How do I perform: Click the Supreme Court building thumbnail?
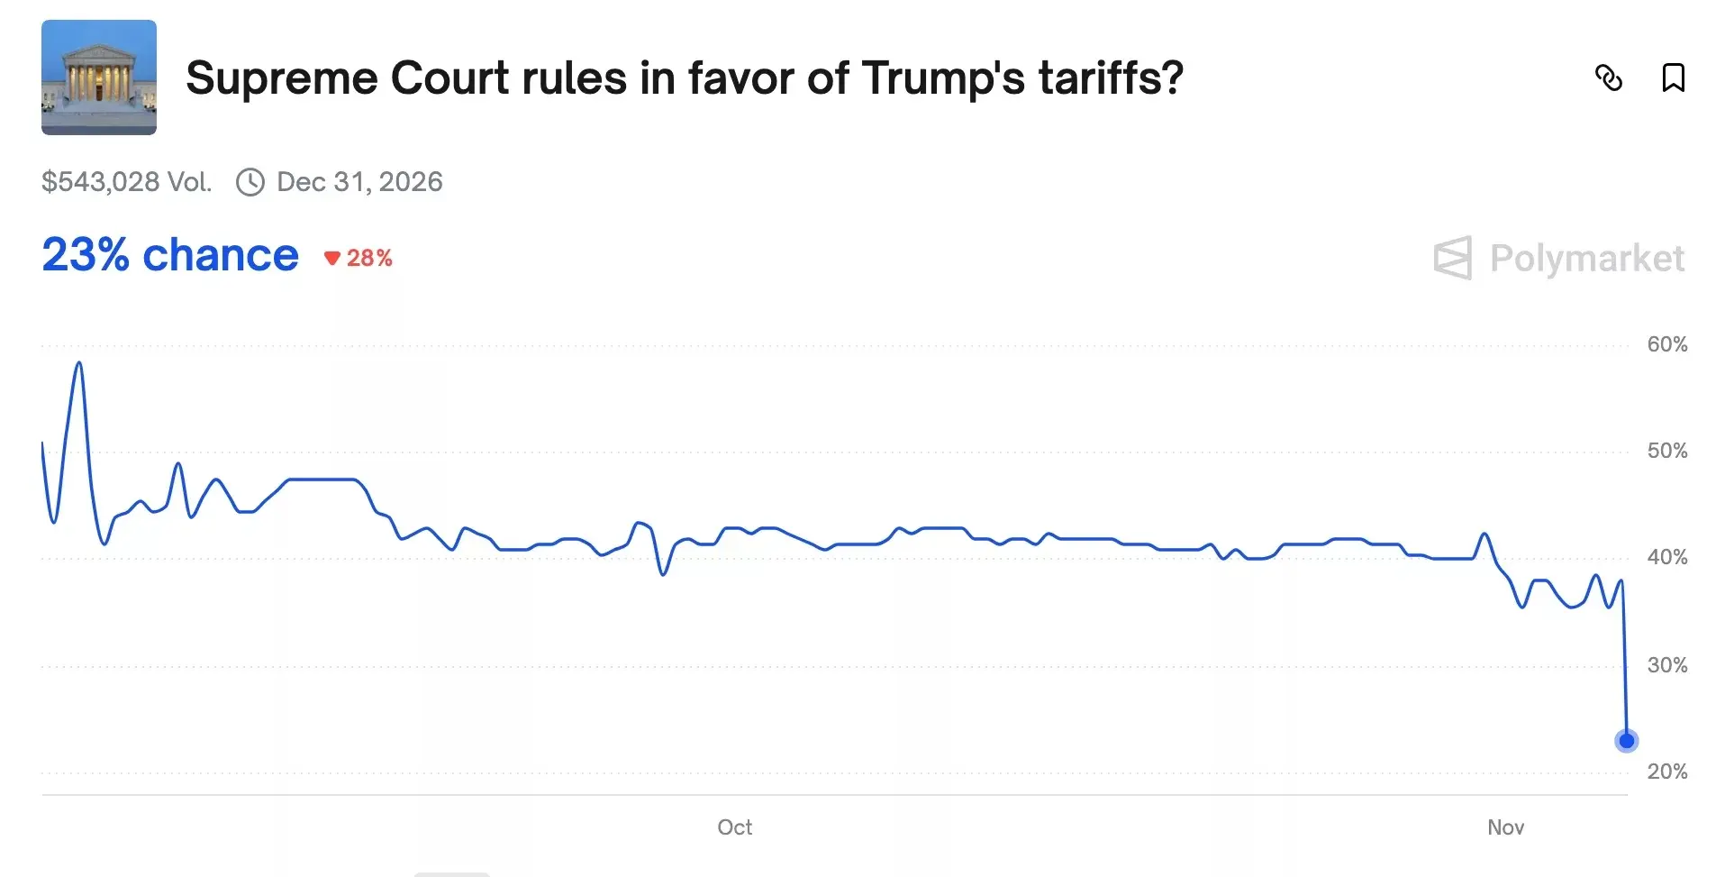pos(99,78)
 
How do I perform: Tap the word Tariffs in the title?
pos(1110,78)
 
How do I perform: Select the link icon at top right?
pos(1608,78)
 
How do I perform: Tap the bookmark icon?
pos(1673,78)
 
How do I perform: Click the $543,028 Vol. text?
pos(126,182)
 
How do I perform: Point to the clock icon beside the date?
pos(250,182)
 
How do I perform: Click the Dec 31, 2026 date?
pos(359,182)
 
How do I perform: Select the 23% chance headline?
pos(170,255)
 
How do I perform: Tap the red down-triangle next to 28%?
pos(331,259)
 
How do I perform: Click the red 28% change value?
pos(369,259)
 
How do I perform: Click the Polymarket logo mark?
pos(1452,259)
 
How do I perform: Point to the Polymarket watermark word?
pos(1586,259)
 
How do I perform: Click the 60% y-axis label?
pos(1666,344)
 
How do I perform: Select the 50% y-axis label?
pos(1666,451)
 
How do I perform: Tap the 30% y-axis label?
pos(1666,665)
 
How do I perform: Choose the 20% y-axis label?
pos(1666,772)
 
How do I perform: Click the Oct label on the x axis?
pos(734,827)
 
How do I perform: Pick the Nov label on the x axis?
pos(1505,827)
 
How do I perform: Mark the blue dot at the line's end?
pos(1626,741)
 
